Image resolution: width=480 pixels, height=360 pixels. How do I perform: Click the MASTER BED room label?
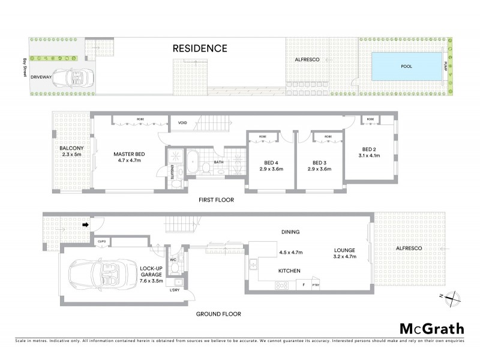(x=130, y=154)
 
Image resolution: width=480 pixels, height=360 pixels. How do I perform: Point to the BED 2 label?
(x=369, y=149)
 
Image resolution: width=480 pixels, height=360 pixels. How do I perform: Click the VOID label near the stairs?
(x=183, y=124)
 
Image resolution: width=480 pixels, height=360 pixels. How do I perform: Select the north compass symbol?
(x=455, y=295)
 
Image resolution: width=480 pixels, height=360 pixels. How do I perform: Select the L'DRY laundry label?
(x=175, y=290)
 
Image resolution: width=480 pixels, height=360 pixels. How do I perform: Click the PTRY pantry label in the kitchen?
(x=316, y=285)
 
